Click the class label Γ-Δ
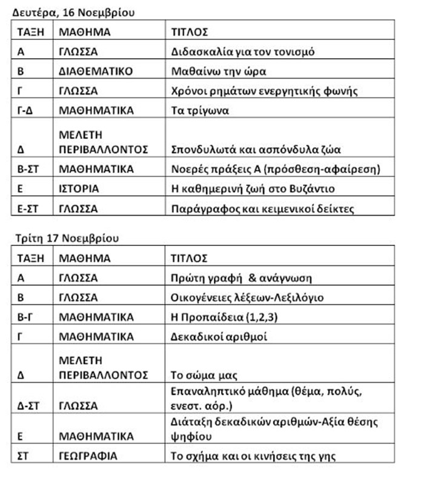click(x=25, y=111)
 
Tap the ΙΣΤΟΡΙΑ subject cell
click(x=79, y=188)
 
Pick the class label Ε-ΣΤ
click(x=27, y=209)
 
